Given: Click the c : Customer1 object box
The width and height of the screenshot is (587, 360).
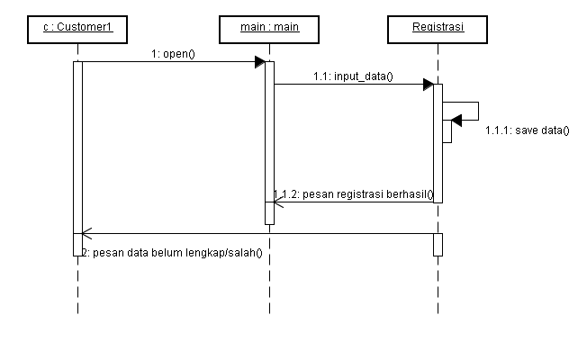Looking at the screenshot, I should tap(77, 29).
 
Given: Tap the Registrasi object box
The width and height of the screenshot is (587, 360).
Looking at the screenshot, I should tap(438, 29).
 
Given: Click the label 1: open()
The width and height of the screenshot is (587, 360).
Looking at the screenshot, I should tap(174, 53).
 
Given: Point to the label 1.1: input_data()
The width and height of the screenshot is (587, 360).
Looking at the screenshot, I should tap(353, 76).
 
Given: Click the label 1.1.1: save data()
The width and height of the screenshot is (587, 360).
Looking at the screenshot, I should tap(527, 130).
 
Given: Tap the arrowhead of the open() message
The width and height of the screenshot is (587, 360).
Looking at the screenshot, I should tap(259, 62).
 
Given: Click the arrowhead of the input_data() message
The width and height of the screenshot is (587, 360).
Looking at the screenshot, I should tap(429, 85).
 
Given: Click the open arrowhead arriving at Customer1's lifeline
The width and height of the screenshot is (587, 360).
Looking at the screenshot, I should tap(86, 234).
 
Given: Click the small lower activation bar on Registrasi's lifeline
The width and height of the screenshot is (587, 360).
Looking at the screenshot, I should tap(438, 244).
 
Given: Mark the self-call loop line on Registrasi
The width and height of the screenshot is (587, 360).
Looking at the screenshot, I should tap(477, 111).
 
